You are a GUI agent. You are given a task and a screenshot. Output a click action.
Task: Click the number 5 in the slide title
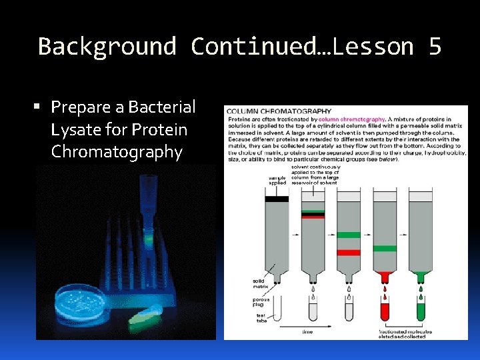pyautogui.click(x=435, y=47)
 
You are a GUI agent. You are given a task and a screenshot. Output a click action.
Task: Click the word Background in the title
pyautogui.click(x=107, y=47)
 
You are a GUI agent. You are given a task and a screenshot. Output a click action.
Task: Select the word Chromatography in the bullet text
pyautogui.click(x=117, y=152)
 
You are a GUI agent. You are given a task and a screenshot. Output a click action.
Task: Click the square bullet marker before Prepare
pyautogui.click(x=42, y=107)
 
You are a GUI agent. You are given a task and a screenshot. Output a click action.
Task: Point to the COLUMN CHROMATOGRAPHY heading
pyautogui.click(x=279, y=111)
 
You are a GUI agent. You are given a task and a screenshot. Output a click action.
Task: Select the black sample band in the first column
pyautogui.click(x=277, y=199)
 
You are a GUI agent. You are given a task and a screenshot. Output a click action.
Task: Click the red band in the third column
pyautogui.click(x=348, y=253)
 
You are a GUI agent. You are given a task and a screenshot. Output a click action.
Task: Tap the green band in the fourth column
pyautogui.click(x=385, y=249)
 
